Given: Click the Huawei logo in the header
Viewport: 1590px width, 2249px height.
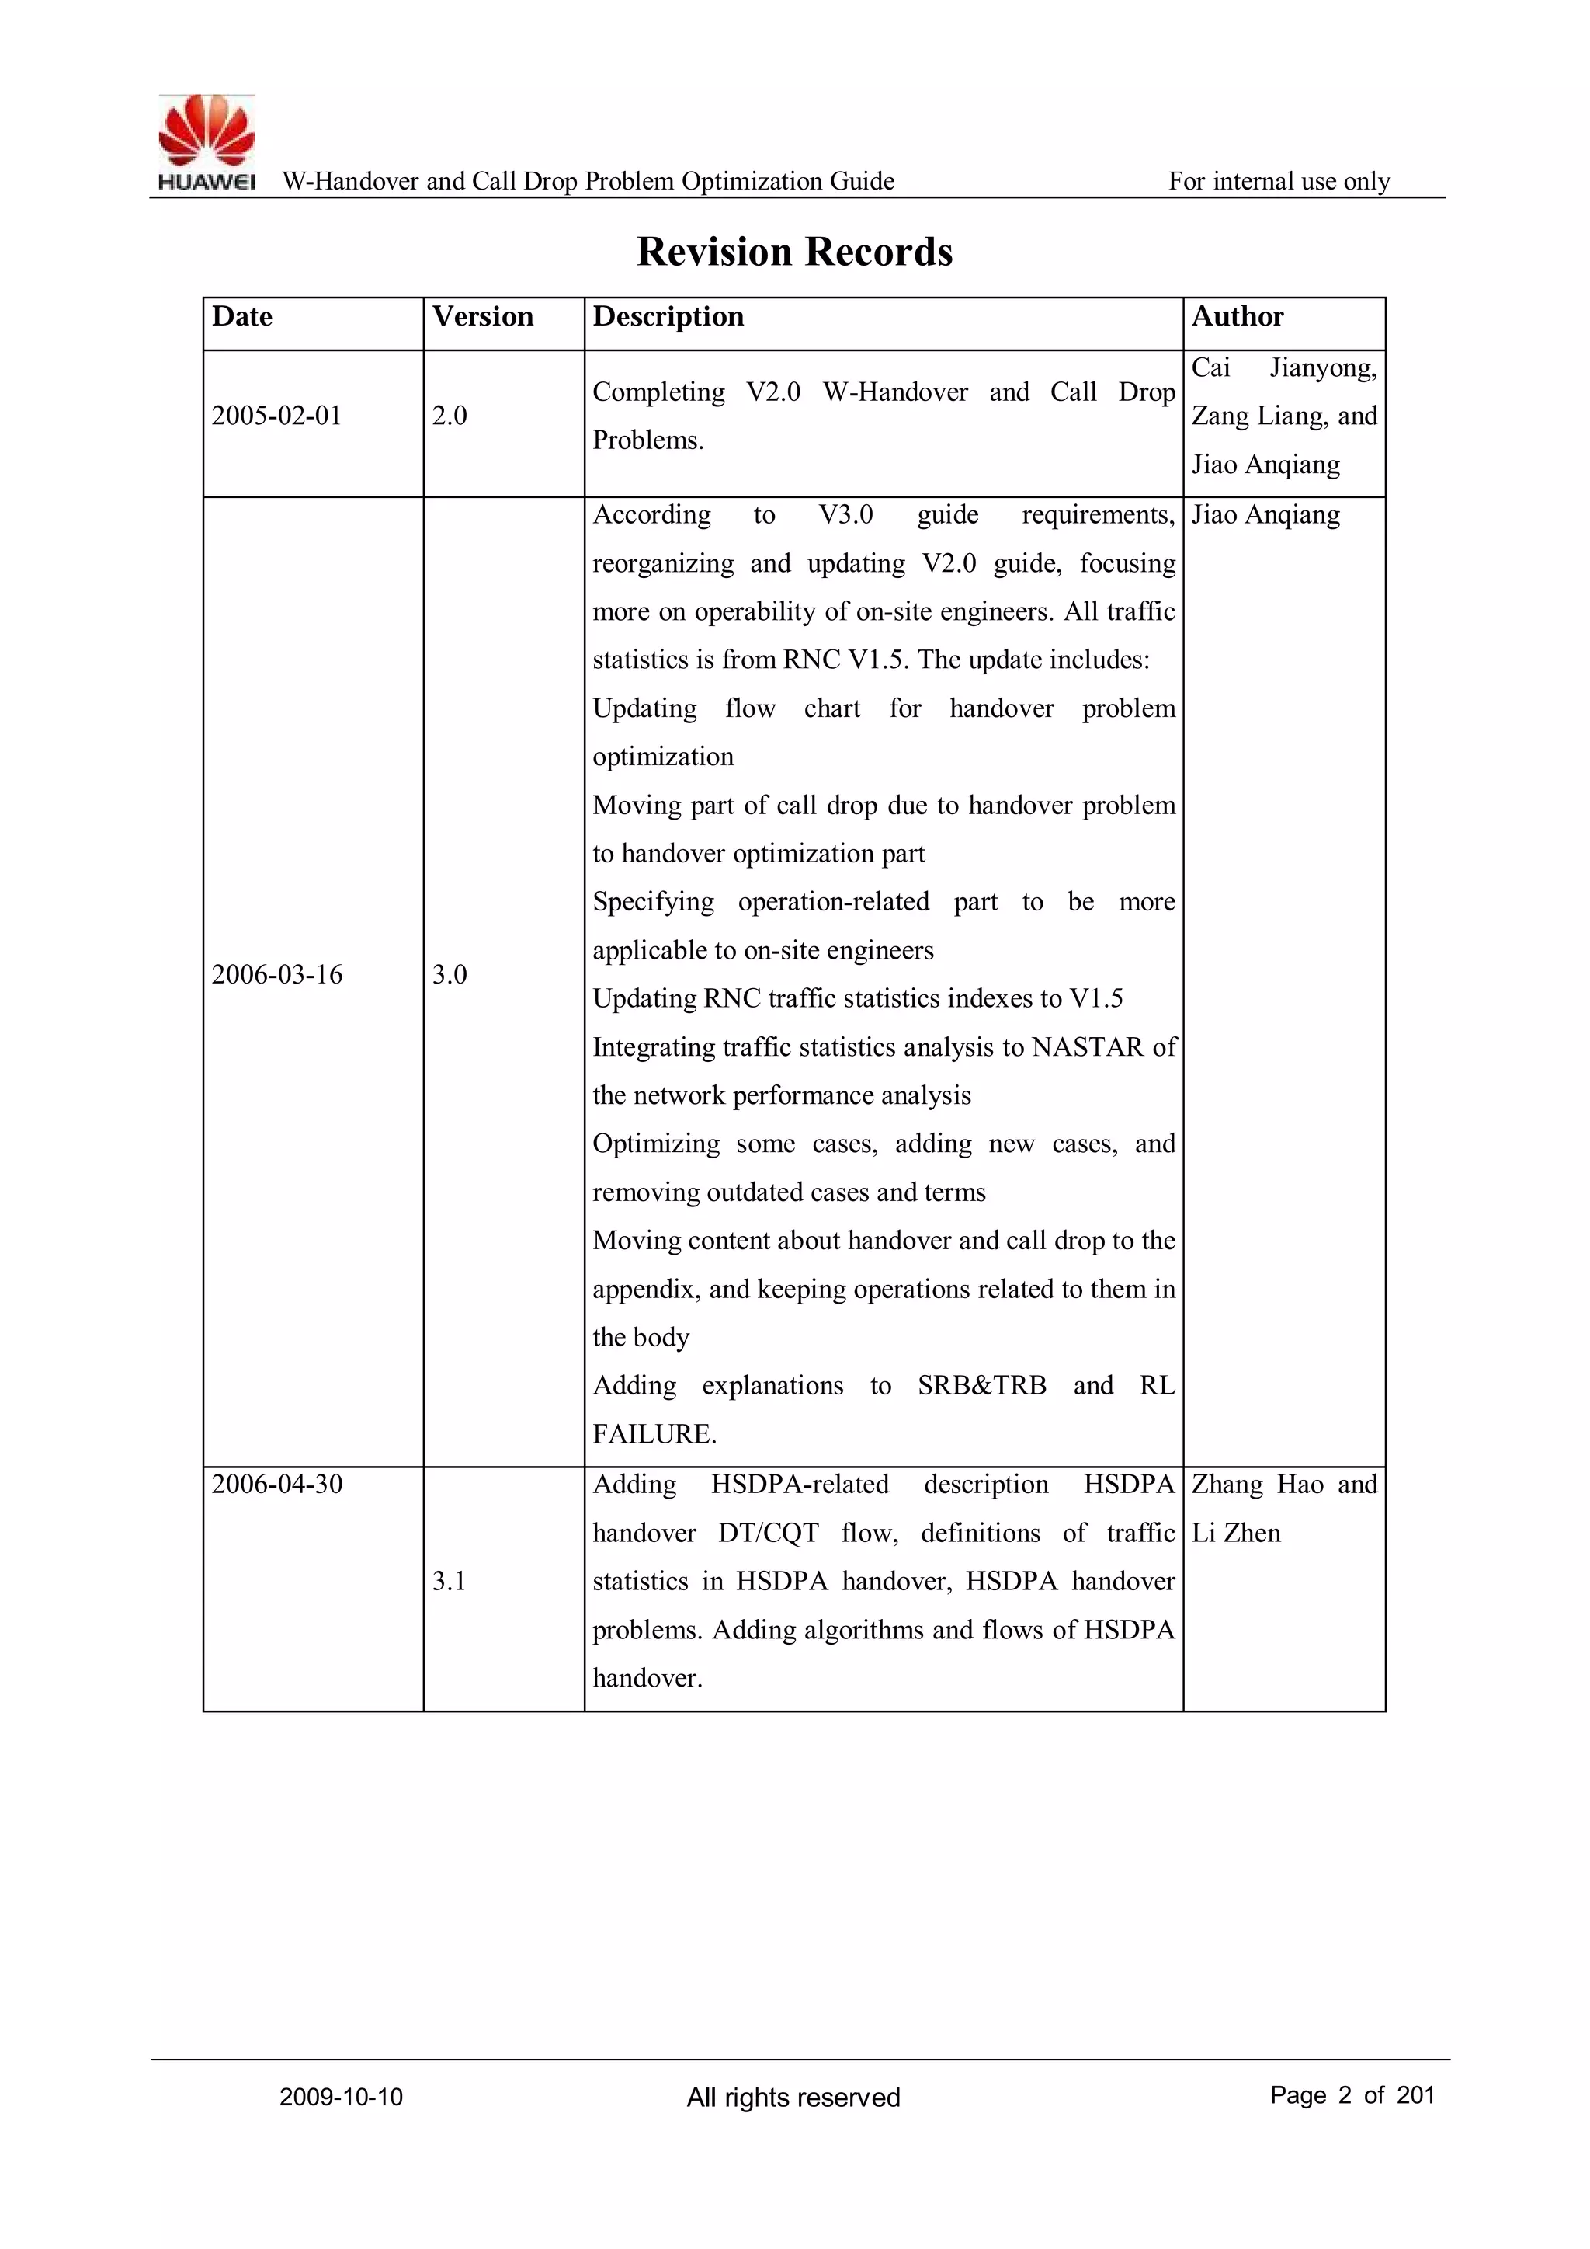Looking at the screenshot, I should coord(207,142).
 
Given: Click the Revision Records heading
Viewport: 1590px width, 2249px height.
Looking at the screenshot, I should coord(794,252).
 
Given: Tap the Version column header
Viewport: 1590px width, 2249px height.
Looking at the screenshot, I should coord(483,316).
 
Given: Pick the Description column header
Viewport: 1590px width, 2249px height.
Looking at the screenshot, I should coord(668,316).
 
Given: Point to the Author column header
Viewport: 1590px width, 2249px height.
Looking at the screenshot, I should coord(1237,316).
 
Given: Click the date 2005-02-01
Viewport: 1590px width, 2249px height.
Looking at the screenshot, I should coord(277,416).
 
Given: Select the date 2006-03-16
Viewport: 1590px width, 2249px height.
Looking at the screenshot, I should coord(277,975).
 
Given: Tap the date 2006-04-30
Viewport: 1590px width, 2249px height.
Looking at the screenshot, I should coord(277,1484).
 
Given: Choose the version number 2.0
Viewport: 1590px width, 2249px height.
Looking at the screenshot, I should coord(450,416).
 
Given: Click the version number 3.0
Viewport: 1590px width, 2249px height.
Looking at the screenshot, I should coord(450,975).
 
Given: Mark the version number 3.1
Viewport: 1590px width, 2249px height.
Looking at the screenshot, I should coord(450,1581).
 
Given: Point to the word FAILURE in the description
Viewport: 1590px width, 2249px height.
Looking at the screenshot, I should coord(654,1434).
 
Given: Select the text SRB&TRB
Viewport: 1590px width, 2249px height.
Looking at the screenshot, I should coord(981,1386).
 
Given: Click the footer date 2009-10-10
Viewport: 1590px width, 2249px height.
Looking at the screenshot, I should coord(341,2098).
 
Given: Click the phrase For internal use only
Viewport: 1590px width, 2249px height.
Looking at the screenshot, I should coord(1279,181).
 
